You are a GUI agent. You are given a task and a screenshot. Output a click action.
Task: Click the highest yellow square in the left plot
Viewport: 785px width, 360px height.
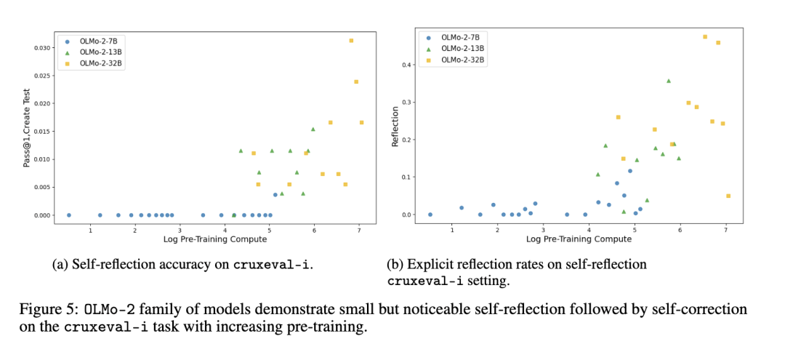[x=351, y=41]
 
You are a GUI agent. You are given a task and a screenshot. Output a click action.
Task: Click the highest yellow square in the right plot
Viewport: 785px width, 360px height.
[x=704, y=36]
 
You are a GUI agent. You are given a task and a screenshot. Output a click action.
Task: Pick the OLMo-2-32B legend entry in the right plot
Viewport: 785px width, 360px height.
[x=463, y=60]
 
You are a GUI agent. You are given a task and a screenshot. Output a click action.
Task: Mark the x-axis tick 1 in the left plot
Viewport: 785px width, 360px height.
[x=90, y=231]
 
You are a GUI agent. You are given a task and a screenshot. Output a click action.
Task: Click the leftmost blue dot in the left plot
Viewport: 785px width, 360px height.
[x=68, y=215]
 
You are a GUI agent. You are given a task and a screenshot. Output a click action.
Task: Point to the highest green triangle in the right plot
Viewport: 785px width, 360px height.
[x=669, y=81]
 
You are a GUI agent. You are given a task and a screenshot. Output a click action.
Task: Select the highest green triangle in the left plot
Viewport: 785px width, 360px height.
[x=313, y=129]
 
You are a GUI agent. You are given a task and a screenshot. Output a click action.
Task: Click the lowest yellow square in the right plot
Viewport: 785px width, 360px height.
[x=728, y=196]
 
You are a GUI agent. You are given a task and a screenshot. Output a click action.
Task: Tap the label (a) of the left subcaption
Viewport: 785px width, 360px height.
[x=61, y=265]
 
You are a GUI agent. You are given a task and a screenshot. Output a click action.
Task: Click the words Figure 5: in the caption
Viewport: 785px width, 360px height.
[x=42, y=309]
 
